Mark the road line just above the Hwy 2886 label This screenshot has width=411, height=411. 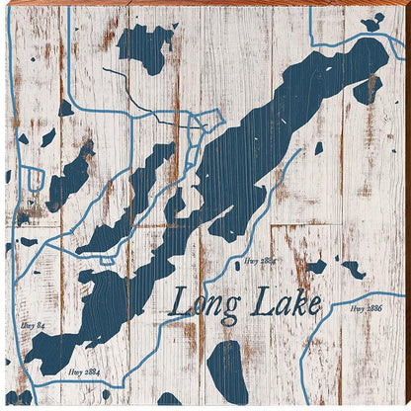coord(366,295)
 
